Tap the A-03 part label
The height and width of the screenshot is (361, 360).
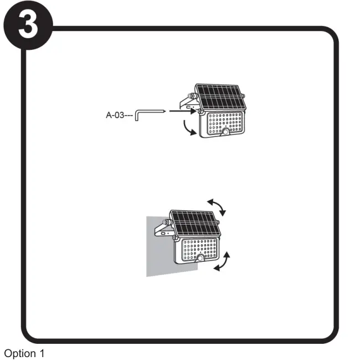119,115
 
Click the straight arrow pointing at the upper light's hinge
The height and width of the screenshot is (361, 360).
182,111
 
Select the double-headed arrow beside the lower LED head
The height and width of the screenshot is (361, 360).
222,261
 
